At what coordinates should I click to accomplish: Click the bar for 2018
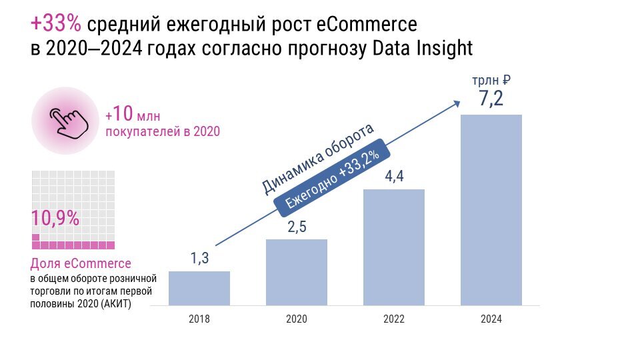(x=199, y=288)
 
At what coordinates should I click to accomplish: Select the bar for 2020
(x=297, y=272)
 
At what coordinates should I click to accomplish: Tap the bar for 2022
(x=394, y=247)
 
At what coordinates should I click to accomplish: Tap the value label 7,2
(x=491, y=99)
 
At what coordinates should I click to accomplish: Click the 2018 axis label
(x=199, y=319)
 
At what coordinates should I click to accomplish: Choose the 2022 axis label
(x=394, y=319)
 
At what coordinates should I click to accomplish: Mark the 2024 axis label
(x=491, y=319)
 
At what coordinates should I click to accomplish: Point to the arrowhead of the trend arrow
(x=457, y=102)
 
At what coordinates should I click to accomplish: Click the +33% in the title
(x=56, y=24)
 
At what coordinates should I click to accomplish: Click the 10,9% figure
(x=55, y=218)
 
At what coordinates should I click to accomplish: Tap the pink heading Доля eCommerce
(x=81, y=264)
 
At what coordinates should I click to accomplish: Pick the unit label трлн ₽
(x=491, y=80)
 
